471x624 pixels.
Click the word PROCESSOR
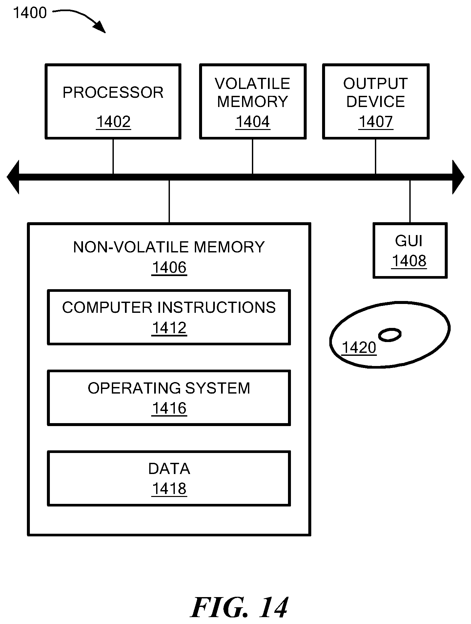pos(113,93)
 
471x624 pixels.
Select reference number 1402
pos(113,122)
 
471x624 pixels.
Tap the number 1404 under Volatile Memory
pos(253,122)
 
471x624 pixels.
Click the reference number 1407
pos(376,122)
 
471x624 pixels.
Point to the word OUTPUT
pos(376,84)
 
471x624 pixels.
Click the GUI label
pos(409,241)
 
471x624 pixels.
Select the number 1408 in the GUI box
pos(409,261)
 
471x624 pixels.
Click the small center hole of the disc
pos(390,335)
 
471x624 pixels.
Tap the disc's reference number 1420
pos(359,347)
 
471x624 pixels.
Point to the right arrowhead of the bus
pos(458,177)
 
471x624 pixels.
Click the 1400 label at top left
pos(30,13)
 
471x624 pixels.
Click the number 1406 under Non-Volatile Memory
pos(169,268)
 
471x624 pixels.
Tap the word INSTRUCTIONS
pos(217,308)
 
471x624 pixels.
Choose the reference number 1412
pos(169,328)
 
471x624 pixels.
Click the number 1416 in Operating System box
pos(169,408)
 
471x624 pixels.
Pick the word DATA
pos(169,469)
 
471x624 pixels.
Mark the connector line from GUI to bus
pos(410,202)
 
